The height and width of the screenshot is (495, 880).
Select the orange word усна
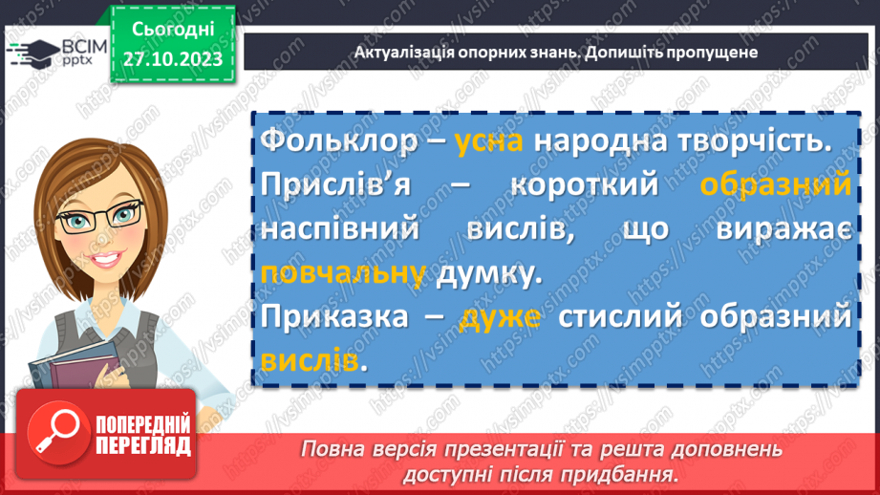point(488,141)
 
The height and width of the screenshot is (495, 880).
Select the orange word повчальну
point(342,274)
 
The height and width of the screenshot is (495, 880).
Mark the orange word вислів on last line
point(309,361)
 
